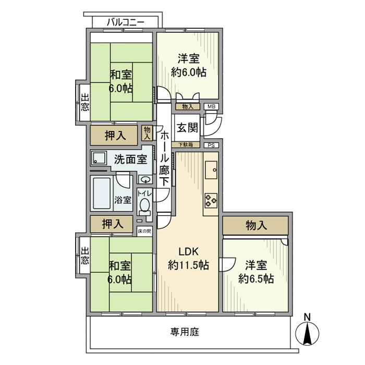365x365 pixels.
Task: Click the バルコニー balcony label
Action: click(x=126, y=22)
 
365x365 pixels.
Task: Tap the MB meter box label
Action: click(x=211, y=106)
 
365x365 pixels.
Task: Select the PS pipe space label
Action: click(x=211, y=145)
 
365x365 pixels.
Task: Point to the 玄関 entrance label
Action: click(x=187, y=128)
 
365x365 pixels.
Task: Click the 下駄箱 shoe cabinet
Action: click(x=186, y=144)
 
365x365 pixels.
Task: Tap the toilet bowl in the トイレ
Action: click(x=145, y=206)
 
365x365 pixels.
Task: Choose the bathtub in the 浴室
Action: click(x=102, y=193)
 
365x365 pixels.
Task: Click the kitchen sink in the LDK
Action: click(x=211, y=170)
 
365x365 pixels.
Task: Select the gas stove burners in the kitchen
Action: click(x=211, y=201)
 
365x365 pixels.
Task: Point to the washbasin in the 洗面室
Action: click(x=145, y=179)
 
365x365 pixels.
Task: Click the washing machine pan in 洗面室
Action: click(x=99, y=158)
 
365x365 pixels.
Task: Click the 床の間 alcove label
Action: click(x=144, y=231)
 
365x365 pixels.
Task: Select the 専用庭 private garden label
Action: click(x=185, y=332)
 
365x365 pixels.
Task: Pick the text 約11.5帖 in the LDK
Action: click(x=188, y=265)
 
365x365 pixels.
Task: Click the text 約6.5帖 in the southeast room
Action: click(x=256, y=278)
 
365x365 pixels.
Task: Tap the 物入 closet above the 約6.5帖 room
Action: click(x=256, y=225)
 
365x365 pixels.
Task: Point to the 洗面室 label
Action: click(x=130, y=160)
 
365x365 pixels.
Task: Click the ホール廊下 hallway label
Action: click(x=164, y=158)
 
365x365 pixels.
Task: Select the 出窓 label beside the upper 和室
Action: click(x=85, y=102)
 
